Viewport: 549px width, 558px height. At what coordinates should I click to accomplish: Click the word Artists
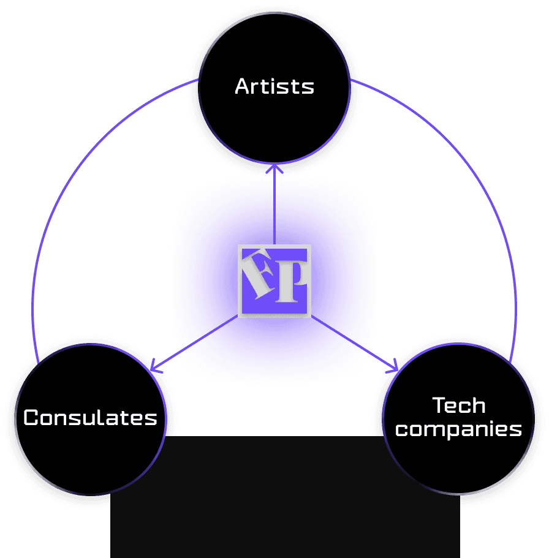point(274,86)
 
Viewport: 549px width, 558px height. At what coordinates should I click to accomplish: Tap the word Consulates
point(91,418)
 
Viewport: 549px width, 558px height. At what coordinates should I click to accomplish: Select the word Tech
point(459,405)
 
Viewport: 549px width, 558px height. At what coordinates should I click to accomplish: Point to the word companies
point(459,429)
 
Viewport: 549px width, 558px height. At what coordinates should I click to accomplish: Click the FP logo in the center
point(274,281)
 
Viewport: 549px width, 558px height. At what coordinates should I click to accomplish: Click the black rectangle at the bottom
point(285,502)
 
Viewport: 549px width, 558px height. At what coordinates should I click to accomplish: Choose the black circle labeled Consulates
point(91,459)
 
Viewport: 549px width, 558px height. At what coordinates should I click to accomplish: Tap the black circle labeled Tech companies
point(459,466)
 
